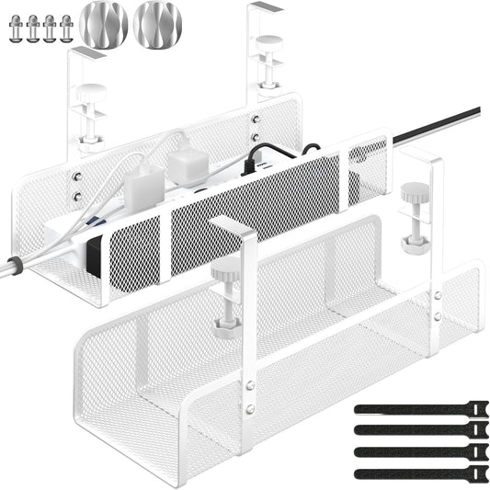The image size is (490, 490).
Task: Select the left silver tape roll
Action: click(103, 25)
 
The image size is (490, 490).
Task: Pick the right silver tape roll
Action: click(157, 24)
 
